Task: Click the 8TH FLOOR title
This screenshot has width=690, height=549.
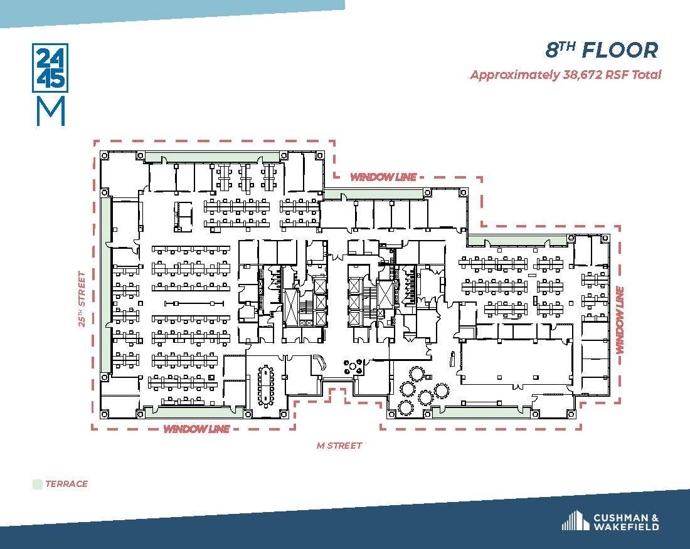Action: coord(602,50)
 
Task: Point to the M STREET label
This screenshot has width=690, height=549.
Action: coord(339,446)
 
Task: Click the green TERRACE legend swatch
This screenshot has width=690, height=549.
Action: coord(37,484)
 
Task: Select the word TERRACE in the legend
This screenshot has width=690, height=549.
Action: coord(66,484)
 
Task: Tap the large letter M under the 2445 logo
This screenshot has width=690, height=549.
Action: coord(50,112)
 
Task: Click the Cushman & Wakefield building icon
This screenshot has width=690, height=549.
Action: coord(575,521)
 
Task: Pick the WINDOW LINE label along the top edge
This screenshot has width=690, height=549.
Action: coord(383,177)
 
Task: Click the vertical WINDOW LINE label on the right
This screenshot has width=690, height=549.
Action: coord(620,320)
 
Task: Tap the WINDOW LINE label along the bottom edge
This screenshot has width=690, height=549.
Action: coord(196,429)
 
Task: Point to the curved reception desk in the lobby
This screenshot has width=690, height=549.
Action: coord(320,362)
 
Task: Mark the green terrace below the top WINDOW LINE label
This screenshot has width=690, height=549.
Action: coord(374,194)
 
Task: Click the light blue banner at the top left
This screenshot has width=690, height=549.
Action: coord(169,13)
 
